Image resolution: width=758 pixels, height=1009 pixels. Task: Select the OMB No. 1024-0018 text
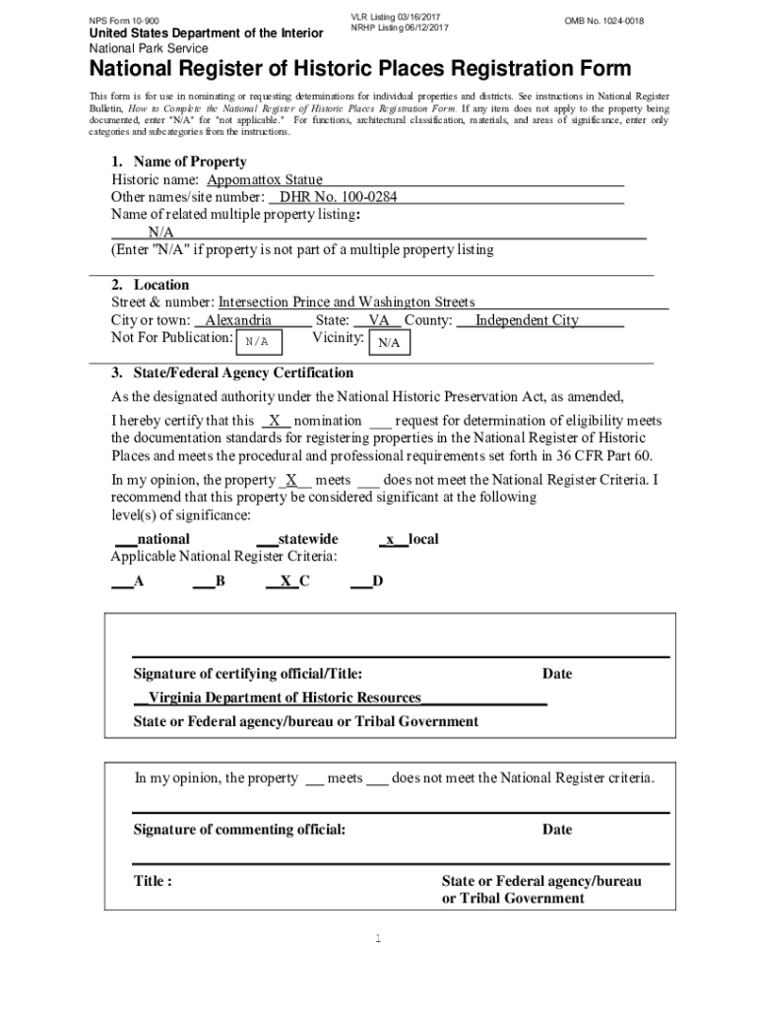[x=604, y=20]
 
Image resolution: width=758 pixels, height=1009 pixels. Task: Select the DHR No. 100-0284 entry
[x=339, y=198]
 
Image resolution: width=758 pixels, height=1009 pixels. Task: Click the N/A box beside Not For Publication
[x=258, y=341]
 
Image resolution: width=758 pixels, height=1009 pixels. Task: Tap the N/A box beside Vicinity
[x=389, y=342]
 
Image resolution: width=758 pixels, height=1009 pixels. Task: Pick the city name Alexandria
[x=238, y=320]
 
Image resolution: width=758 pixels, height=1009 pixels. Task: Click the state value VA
[x=378, y=320]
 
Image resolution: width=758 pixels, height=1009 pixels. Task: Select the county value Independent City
[x=527, y=320]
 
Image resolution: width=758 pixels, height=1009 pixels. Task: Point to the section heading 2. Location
[x=150, y=285]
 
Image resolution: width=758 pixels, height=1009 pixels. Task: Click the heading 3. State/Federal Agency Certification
[x=231, y=373]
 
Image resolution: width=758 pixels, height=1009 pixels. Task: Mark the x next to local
[x=391, y=539]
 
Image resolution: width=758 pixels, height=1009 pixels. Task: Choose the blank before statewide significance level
[x=266, y=540]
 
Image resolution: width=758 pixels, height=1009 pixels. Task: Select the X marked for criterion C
[x=285, y=581]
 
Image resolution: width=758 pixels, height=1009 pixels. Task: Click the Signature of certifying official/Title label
[x=247, y=674]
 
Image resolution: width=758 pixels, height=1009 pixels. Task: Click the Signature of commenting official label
[x=239, y=829]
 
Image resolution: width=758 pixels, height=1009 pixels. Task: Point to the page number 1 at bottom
[x=378, y=938]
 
